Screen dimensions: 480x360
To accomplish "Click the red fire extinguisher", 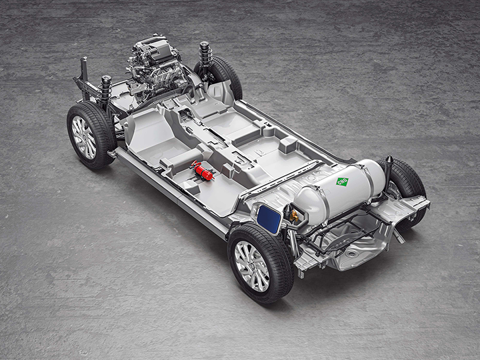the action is (x=202, y=171).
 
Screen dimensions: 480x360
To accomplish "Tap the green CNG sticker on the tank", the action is (x=342, y=181).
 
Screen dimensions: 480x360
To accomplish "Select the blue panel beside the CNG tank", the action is (x=269, y=219).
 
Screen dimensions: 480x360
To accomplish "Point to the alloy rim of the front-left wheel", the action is (x=83, y=137).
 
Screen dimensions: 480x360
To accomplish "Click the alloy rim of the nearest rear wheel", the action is (x=252, y=266).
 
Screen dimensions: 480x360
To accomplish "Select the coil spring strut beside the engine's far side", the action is (x=205, y=55).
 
